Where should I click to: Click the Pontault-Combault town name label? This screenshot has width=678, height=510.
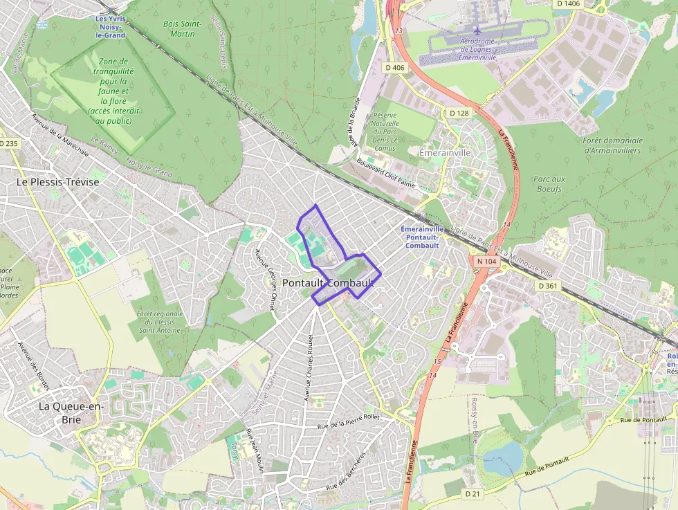[328, 283]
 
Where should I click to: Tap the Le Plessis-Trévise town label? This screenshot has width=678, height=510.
[58, 181]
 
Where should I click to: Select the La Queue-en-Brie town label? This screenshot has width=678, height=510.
[71, 412]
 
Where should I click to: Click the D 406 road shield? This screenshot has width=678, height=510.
[394, 67]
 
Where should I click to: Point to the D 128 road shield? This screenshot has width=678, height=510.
[459, 113]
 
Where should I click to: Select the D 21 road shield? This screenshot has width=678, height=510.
[473, 493]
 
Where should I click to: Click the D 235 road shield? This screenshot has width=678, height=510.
[8, 143]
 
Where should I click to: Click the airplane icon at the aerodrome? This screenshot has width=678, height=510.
[477, 30]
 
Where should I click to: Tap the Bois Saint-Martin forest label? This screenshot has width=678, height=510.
[182, 28]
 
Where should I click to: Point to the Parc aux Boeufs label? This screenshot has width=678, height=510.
[549, 183]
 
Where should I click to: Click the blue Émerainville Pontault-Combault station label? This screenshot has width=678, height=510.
[422, 237]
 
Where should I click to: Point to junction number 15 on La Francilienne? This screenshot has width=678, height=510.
[437, 362]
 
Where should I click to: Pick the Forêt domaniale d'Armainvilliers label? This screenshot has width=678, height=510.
[612, 145]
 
